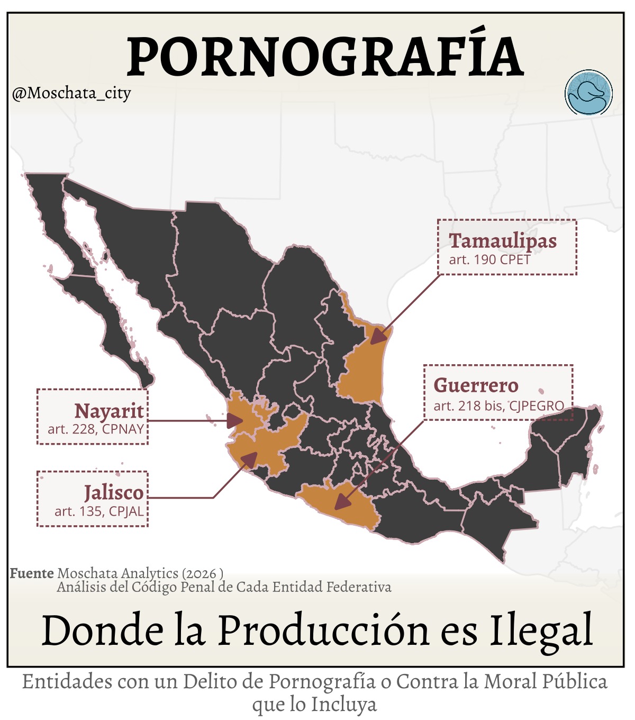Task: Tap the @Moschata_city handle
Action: [71, 94]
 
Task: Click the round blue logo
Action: [588, 93]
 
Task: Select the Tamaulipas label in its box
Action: [503, 241]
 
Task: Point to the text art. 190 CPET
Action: [489, 260]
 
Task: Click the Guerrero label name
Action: [476, 385]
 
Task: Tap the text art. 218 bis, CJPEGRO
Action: [498, 406]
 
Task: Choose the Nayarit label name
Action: [109, 411]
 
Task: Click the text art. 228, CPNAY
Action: [96, 429]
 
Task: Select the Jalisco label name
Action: [114, 493]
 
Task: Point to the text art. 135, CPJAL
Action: [99, 511]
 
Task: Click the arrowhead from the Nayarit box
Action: [234, 421]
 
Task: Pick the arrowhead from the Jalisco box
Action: [249, 459]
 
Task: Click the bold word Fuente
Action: [32, 573]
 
